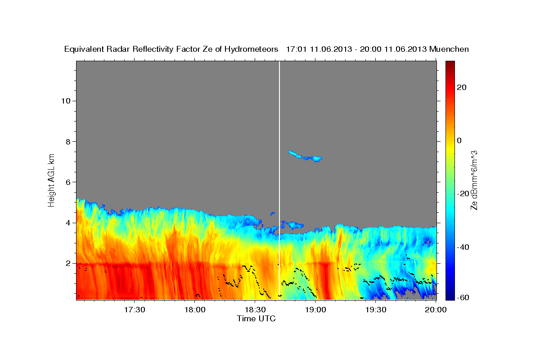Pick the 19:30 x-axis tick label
click(x=376, y=310)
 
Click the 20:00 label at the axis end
click(x=436, y=310)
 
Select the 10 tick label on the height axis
click(x=65, y=101)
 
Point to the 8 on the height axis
click(x=67, y=141)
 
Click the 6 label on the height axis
click(x=67, y=182)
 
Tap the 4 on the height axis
click(x=67, y=223)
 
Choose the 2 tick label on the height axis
click(x=67, y=263)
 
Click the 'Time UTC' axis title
click(x=256, y=319)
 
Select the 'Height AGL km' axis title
click(x=52, y=180)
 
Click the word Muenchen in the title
click(x=449, y=49)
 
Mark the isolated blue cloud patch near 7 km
click(x=305, y=157)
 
